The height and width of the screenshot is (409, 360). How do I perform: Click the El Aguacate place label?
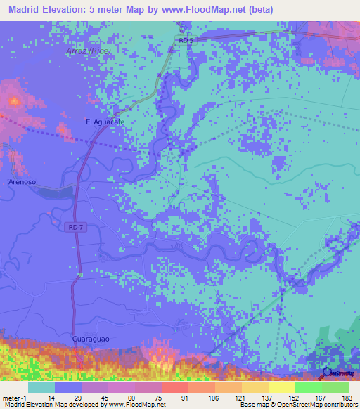pyautogui.click(x=105, y=122)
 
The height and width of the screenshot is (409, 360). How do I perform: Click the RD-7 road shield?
pyautogui.click(x=77, y=226)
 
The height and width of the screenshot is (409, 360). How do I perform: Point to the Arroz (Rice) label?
pyautogui.click(x=88, y=52)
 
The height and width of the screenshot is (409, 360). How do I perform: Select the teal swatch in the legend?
pyautogui.click(x=41, y=387)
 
